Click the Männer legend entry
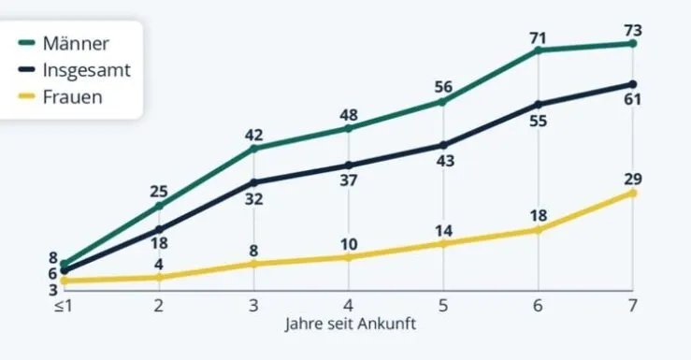click(x=75, y=44)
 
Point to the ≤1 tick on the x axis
click(x=63, y=305)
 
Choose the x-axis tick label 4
click(x=348, y=305)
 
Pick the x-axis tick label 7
click(x=633, y=305)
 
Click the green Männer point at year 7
click(x=633, y=43)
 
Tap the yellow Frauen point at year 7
click(x=633, y=193)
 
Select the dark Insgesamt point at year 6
click(x=538, y=104)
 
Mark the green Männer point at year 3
click(x=253, y=148)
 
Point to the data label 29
click(x=633, y=177)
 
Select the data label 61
click(x=633, y=100)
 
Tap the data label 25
click(x=159, y=192)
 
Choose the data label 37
click(x=348, y=181)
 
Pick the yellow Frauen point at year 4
click(x=348, y=257)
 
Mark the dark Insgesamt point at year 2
click(x=159, y=229)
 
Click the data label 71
click(x=538, y=38)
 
